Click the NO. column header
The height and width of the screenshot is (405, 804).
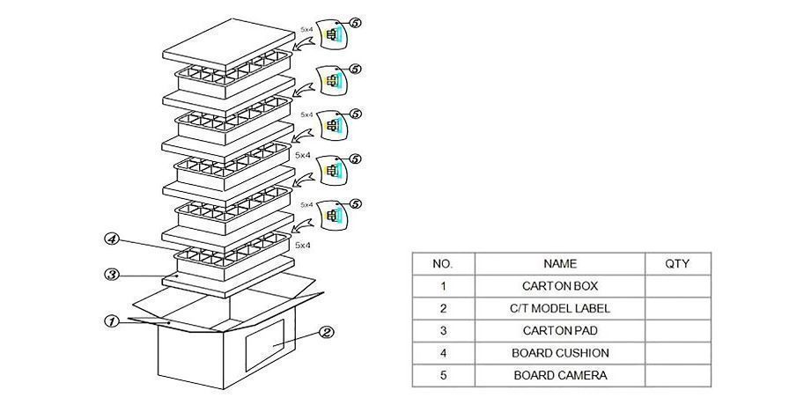[443, 263]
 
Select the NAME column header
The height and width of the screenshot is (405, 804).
[559, 263]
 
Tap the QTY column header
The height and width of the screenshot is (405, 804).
[677, 263]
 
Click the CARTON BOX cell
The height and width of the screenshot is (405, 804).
[559, 286]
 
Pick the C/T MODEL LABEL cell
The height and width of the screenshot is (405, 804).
[559, 308]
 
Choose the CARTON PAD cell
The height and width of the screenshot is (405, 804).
[559, 330]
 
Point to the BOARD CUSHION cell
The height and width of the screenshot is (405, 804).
[559, 353]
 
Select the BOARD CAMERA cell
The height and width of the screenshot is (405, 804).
[559, 375]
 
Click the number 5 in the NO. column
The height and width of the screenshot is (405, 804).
[443, 375]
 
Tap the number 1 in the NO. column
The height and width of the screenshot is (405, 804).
[443, 286]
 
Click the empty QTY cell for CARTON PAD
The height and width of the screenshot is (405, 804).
[677, 330]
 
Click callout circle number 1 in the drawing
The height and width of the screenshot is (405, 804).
[112, 321]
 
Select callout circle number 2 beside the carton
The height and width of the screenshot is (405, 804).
[325, 333]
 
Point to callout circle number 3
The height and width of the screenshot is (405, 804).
[112, 275]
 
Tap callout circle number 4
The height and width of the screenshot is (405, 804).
[112, 239]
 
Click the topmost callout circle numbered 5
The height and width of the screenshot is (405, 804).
[355, 22]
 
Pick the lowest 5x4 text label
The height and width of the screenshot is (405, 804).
[303, 245]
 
